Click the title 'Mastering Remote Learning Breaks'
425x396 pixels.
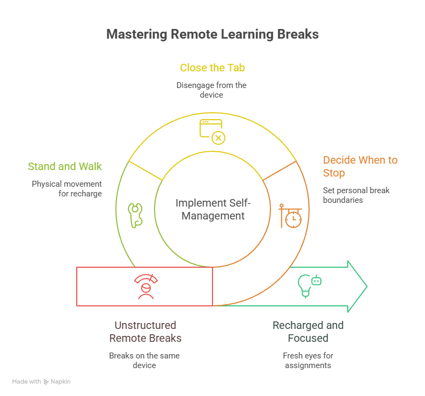coord(213,34)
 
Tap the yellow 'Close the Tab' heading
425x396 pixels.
coord(213,68)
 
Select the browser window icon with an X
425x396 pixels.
coord(212,131)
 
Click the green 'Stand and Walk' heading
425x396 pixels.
coord(65,166)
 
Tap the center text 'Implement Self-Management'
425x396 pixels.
coord(213,210)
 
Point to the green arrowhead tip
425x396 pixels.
coord(367,287)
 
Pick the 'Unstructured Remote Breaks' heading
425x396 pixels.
coord(145,332)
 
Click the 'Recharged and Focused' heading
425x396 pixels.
coord(308,332)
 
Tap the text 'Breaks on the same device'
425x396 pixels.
coord(144,361)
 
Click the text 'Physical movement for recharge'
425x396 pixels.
coord(67,188)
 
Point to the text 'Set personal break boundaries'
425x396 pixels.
coord(356,195)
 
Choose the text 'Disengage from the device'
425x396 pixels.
coord(212,90)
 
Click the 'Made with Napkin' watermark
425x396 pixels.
coord(41,382)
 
